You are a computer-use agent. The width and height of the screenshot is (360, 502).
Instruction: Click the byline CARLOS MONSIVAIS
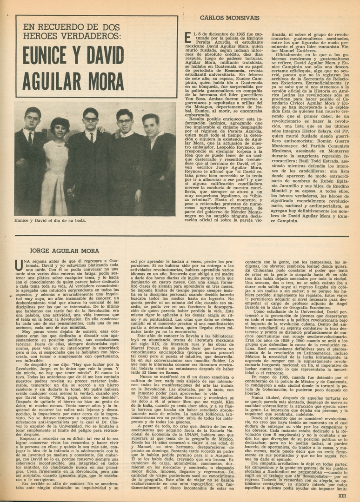pyautogui.click(x=229, y=18)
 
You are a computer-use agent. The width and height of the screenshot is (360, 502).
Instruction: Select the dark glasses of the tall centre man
pyautogui.click(x=91, y=119)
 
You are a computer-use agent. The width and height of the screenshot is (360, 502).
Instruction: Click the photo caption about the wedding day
pyautogui.click(x=50, y=220)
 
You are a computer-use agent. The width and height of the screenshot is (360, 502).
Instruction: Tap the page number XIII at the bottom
pyautogui.click(x=342, y=495)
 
